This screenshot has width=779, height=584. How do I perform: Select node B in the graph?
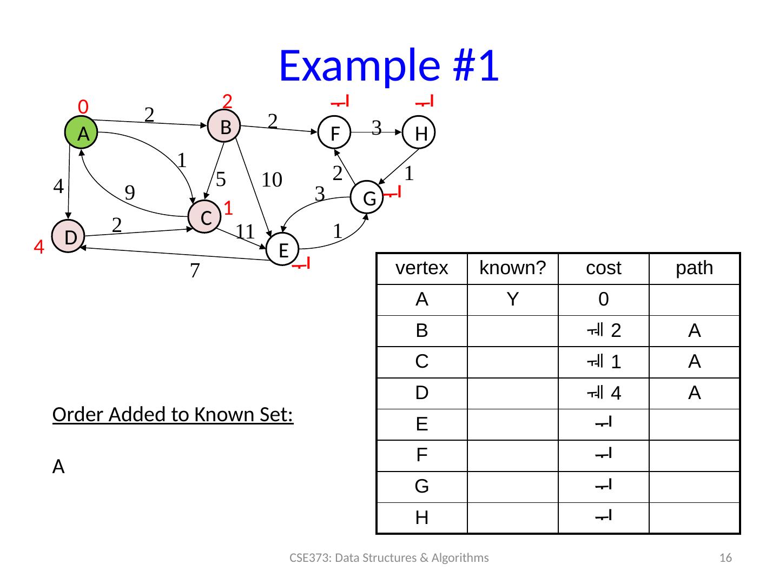[x=225, y=127]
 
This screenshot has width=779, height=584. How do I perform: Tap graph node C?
[x=205, y=217]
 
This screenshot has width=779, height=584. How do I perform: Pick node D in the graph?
[x=69, y=236]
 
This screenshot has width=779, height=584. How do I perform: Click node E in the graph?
[x=283, y=250]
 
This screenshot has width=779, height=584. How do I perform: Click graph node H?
[x=420, y=133]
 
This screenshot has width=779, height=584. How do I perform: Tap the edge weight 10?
[x=272, y=180]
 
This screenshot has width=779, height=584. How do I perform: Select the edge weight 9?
[x=130, y=193]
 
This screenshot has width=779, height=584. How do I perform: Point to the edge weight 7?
[x=195, y=270]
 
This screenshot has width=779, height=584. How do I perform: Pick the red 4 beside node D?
[x=38, y=248]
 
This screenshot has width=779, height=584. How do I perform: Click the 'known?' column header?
[x=512, y=268]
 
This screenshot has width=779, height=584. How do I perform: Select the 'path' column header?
[x=694, y=268]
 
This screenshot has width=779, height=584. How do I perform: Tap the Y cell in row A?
[x=512, y=299]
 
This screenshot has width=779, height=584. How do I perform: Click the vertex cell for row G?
[x=421, y=487]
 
